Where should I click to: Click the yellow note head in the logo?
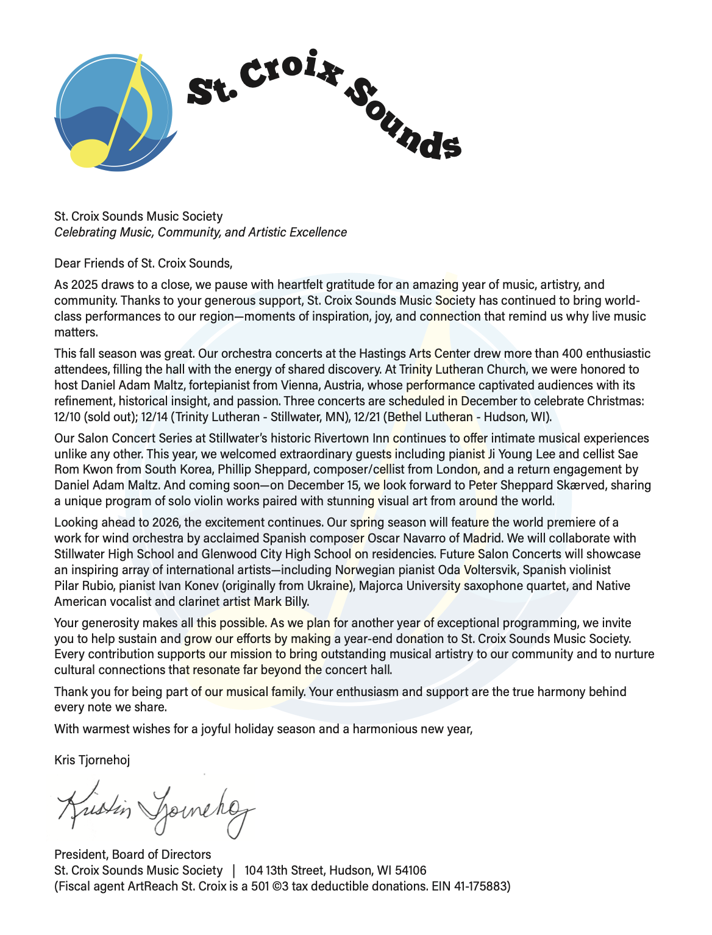point(90,153)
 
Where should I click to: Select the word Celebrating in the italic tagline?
point(84,232)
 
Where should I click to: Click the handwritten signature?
point(155,808)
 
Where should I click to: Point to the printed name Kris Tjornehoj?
point(92,760)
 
